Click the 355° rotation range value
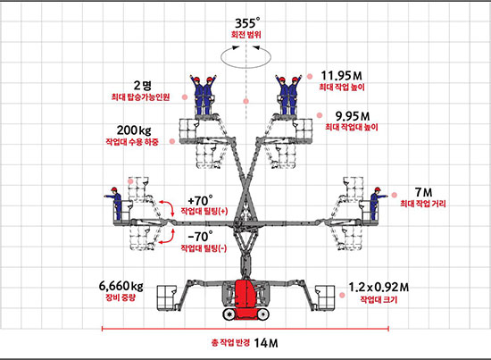pyautogui.click(x=247, y=23)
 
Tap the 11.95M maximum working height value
pyautogui.click(x=341, y=76)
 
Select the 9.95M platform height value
pyautogui.click(x=353, y=116)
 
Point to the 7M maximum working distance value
pyautogui.click(x=423, y=192)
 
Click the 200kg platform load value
pyautogui.click(x=134, y=130)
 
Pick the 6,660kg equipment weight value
pyautogui.click(x=121, y=286)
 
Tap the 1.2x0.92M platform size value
pyautogui.click(x=379, y=287)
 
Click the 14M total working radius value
pyautogui.click(x=266, y=343)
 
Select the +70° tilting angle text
pyautogui.click(x=200, y=200)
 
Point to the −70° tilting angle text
pyautogui.click(x=200, y=236)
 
